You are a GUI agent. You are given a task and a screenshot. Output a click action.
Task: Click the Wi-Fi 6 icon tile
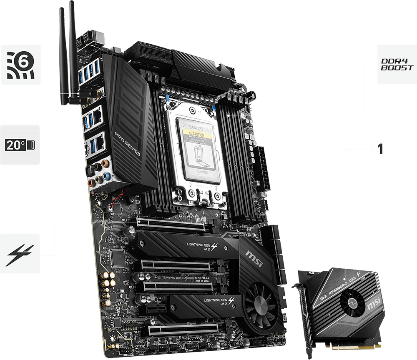coord(20,65)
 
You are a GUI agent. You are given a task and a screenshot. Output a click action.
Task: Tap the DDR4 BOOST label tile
coord(397,65)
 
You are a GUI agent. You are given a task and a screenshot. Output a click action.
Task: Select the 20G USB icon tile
coord(20,145)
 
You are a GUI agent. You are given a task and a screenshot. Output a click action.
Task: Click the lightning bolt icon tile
coord(20,253)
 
